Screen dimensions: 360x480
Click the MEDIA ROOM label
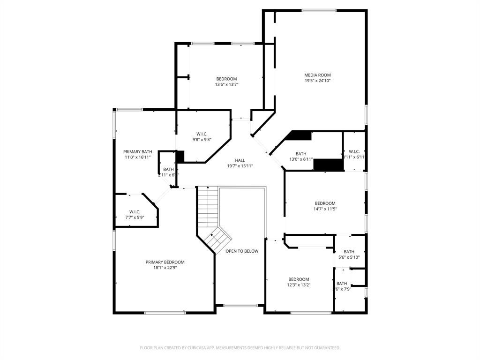coord(317,75)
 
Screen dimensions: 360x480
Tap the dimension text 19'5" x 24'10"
coord(317,81)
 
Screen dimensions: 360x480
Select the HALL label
coord(240,160)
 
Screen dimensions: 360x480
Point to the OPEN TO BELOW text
coord(242,251)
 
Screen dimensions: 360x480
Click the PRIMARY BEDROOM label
coord(165,262)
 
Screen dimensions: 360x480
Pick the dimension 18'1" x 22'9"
coord(165,268)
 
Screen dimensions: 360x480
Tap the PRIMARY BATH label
coord(138,151)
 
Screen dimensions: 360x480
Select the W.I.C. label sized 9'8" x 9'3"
coord(202,134)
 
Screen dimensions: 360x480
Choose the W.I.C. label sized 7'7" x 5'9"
coord(135,211)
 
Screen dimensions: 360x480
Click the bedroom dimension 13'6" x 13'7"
coord(226,85)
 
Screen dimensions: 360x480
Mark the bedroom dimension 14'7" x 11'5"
coord(325,209)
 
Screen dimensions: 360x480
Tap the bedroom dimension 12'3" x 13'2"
coord(299,285)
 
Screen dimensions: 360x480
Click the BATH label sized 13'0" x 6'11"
coord(301,154)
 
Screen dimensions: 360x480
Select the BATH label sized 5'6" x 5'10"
coord(349,252)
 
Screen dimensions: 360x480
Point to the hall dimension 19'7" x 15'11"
coord(240,166)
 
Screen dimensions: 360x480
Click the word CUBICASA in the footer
coord(193,348)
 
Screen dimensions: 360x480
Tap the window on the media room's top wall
coord(319,10)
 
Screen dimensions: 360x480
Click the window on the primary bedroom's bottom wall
coord(165,313)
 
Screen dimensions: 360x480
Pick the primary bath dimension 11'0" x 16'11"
coord(138,157)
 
